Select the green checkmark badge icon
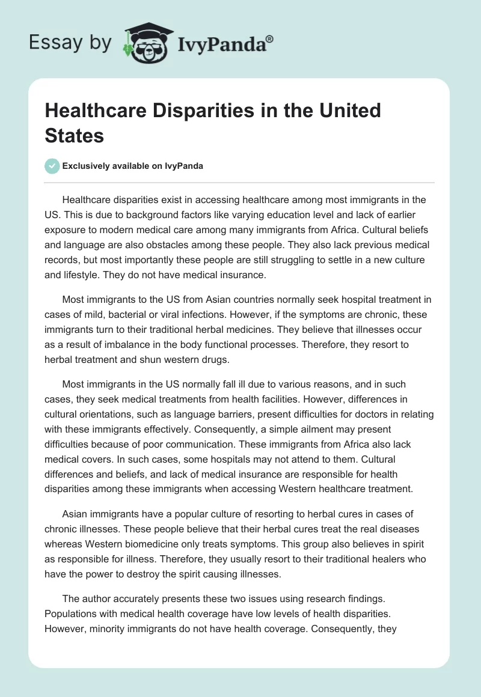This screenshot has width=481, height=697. coord(52,166)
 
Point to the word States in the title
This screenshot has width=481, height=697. coord(75,135)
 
